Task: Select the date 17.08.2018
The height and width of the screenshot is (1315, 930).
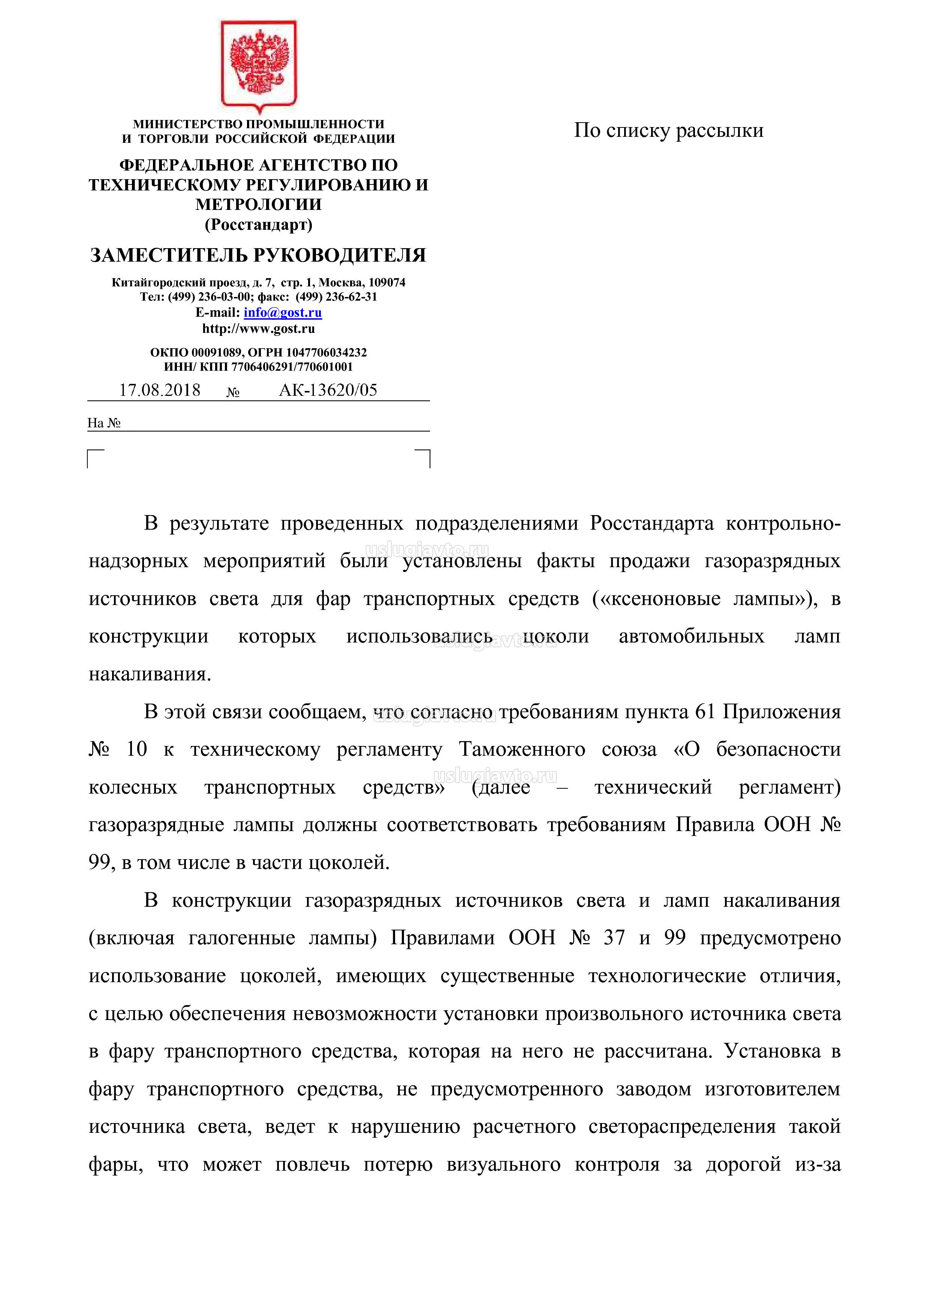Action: pos(160,391)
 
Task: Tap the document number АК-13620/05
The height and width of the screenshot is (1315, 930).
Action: pos(328,391)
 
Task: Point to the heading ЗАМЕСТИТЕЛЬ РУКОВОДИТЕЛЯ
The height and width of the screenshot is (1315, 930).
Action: pos(258,255)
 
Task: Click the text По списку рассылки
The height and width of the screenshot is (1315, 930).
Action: pos(668,130)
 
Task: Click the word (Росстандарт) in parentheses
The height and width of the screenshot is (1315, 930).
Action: pos(258,225)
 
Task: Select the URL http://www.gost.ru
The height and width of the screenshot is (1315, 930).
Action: pos(258,329)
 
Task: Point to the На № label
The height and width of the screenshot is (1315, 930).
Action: pos(104,423)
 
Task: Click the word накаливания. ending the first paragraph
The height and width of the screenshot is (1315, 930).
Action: pos(150,674)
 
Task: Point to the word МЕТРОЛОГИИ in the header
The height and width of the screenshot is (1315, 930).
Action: pos(258,204)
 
